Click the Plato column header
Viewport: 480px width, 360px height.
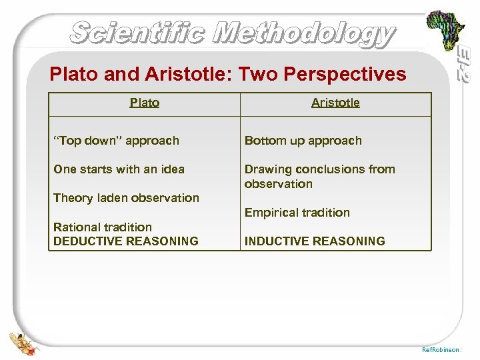(145, 103)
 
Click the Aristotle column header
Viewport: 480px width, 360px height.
(335, 103)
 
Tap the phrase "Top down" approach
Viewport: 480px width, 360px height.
(116, 141)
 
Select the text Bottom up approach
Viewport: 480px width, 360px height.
(303, 141)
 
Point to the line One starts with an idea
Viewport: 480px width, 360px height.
(119, 169)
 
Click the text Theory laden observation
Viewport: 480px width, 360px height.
(126, 198)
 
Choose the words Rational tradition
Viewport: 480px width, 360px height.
(103, 227)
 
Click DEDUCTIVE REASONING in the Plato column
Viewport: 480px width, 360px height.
(126, 241)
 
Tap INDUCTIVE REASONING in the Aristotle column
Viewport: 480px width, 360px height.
(315, 241)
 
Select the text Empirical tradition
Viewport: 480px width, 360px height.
(297, 213)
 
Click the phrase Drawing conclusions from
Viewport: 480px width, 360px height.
(319, 169)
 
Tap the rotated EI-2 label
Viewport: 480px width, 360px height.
(465, 64)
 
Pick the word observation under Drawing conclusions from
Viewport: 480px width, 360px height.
(278, 184)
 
